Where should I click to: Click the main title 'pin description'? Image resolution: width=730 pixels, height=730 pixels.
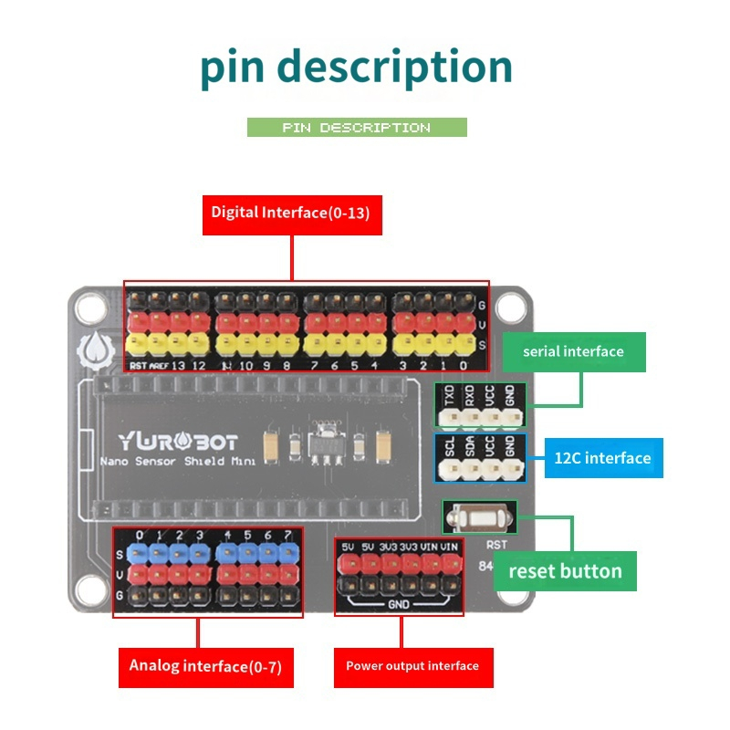[x=357, y=68]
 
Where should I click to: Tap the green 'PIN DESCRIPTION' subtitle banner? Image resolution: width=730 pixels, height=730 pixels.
[x=357, y=128]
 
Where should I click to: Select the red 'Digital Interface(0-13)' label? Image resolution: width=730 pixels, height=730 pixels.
[x=292, y=213]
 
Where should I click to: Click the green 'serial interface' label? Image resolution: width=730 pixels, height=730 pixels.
[x=573, y=352]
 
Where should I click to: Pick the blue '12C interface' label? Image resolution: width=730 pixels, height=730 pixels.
[x=603, y=457]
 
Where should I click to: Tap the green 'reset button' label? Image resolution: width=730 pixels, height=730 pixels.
[x=565, y=571]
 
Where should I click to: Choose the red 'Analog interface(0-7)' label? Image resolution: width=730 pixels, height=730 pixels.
[x=205, y=666]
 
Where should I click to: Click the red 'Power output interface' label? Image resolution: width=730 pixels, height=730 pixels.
[x=412, y=666]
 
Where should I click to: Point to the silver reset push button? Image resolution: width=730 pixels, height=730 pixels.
[x=479, y=518]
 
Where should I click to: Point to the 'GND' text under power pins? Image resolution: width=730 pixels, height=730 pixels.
[x=398, y=604]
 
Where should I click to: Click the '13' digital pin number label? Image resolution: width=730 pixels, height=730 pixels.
[x=179, y=366]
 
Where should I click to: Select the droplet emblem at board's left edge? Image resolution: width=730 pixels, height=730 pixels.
[x=95, y=351]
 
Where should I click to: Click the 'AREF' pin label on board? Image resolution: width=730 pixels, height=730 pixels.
[x=159, y=366]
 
